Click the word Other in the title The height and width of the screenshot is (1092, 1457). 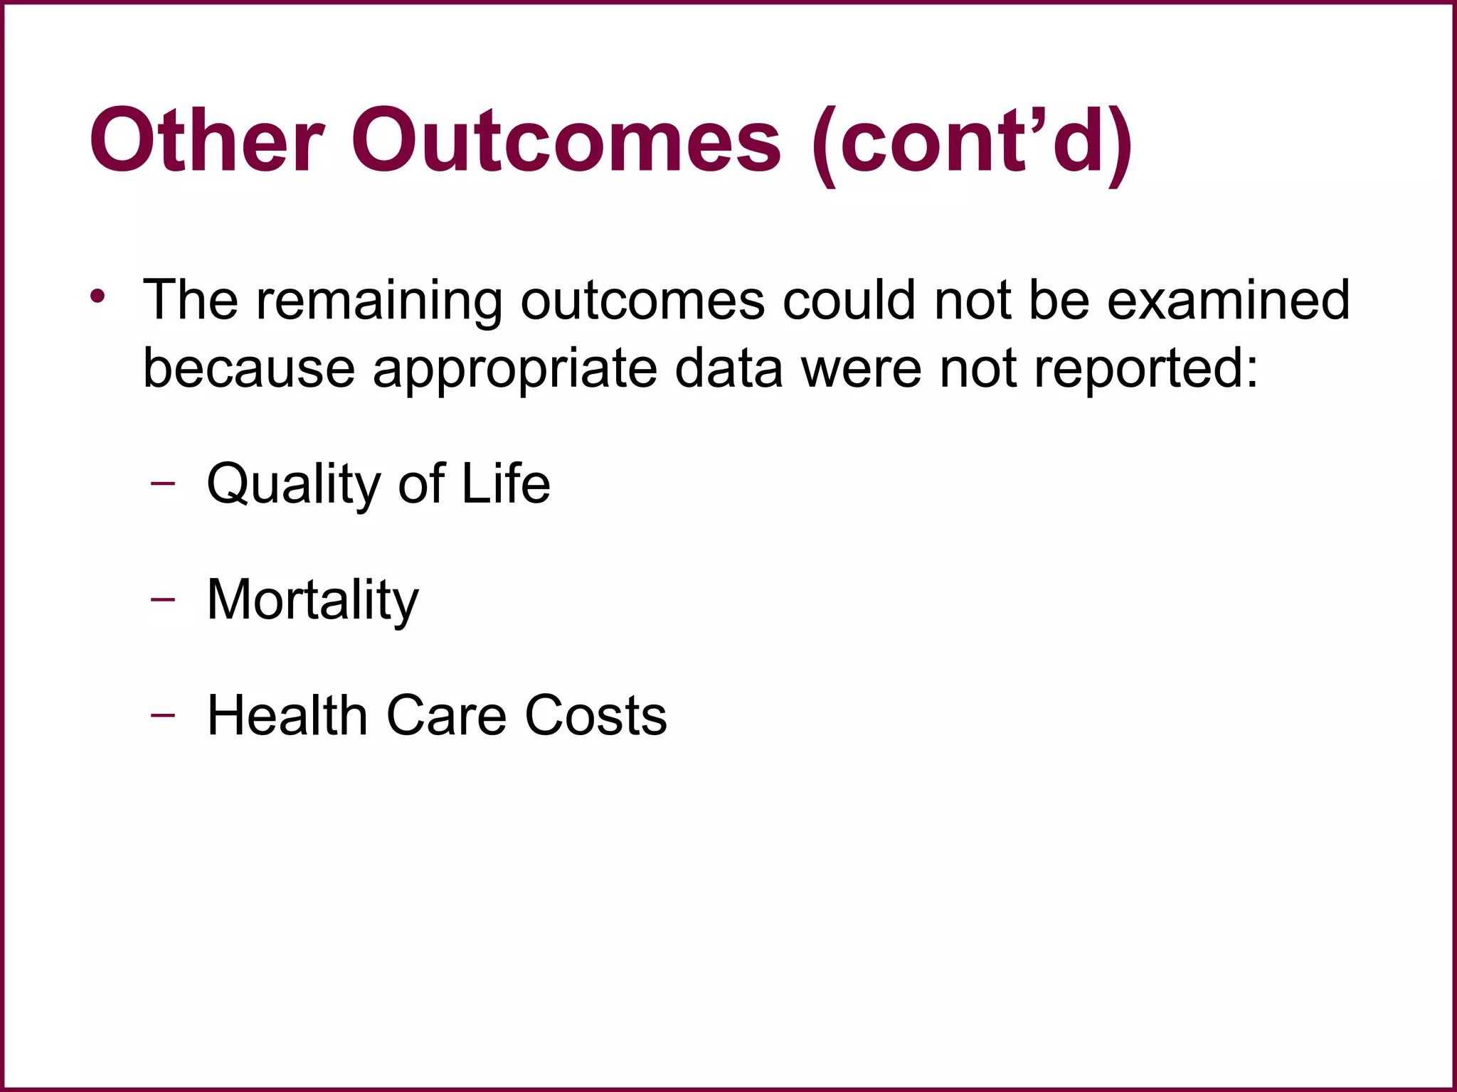pyautogui.click(x=207, y=140)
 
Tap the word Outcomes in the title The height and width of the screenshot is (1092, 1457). pyautogui.click(x=566, y=140)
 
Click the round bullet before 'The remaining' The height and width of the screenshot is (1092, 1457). pyautogui.click(x=98, y=296)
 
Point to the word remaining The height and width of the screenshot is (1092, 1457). pyautogui.click(x=379, y=301)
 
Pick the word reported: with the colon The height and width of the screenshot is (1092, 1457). pyautogui.click(x=1146, y=371)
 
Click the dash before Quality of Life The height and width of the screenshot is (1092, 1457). pyautogui.click(x=163, y=483)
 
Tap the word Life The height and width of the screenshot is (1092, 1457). pyautogui.click(x=506, y=483)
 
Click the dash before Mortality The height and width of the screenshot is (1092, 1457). pyautogui.click(x=163, y=599)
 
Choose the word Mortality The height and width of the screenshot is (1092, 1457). pyautogui.click(x=313, y=601)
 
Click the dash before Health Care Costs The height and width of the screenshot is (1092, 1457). pyautogui.click(x=163, y=714)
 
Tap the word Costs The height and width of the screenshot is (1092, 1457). pyautogui.click(x=595, y=715)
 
